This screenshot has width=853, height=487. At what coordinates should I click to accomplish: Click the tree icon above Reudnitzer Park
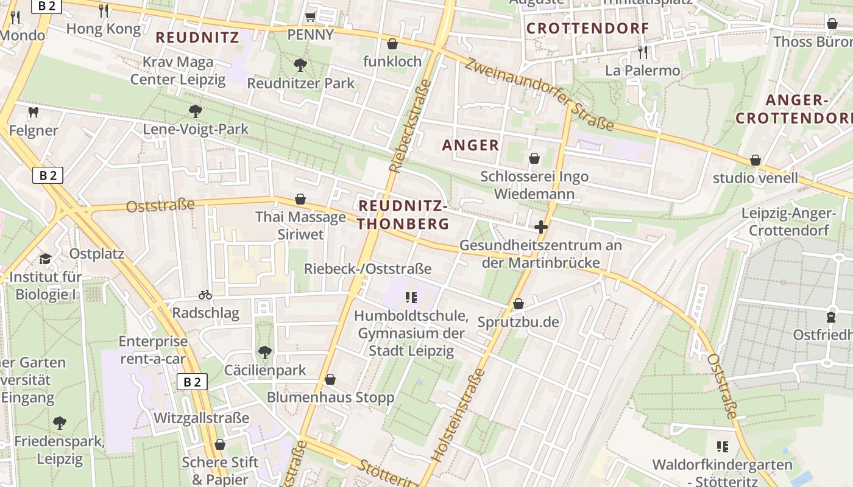coord(300,65)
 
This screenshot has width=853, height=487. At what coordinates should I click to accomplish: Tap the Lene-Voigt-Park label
coord(196,129)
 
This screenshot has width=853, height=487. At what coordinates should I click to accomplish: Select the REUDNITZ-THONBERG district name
coord(403,215)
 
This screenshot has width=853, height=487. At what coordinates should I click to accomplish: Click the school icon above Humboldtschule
coord(411,298)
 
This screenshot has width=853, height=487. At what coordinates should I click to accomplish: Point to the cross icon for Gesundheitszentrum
coord(540,228)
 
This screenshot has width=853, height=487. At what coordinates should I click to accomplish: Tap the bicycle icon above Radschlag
coord(205,295)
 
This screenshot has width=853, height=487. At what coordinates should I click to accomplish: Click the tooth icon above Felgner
coord(34,112)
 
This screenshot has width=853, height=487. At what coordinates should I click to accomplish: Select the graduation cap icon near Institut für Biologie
coord(45,259)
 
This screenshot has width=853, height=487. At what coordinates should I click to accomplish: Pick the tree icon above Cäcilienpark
coord(265,352)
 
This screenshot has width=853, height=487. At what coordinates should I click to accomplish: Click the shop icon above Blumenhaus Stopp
coord(330,380)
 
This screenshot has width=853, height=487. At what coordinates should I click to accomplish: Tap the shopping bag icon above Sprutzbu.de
coord(519,304)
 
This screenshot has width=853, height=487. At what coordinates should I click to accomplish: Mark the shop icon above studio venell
coord(755,160)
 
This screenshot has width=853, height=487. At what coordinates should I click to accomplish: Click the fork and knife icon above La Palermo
coord(642,52)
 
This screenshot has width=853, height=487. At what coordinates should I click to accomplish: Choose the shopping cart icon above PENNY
coord(310,16)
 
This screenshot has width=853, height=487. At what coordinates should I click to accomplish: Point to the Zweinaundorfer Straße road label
coord(539,94)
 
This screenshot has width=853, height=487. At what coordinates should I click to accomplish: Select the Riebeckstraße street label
coord(409,127)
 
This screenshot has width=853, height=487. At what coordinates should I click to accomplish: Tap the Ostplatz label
coord(97,254)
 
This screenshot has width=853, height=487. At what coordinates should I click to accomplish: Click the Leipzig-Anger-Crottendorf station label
coord(788,222)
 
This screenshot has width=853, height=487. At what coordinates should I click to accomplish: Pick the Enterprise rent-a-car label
coord(153,350)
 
